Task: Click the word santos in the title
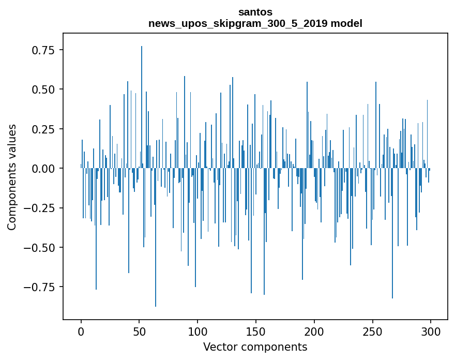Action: (255, 12)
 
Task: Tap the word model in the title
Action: (347, 23)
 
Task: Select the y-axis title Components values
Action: (12, 177)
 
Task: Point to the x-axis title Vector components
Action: (255, 347)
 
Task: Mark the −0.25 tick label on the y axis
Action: (41, 208)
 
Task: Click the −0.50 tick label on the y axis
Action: (41, 247)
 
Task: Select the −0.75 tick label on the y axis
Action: (41, 287)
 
